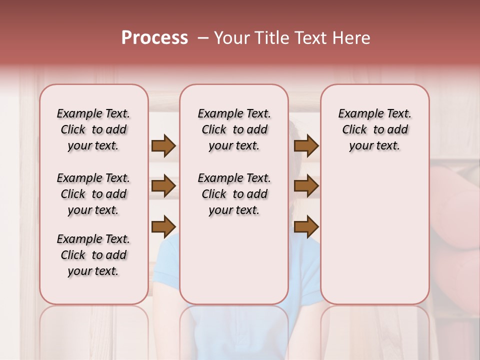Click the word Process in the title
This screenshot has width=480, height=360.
pos(154,38)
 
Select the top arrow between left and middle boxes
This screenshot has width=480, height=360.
pos(163,145)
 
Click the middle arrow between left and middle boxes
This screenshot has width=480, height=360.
pos(163,186)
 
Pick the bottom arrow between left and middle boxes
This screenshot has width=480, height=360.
pos(163,226)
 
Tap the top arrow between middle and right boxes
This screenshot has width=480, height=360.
pos(306,145)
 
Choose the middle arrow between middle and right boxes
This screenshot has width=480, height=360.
pos(306,186)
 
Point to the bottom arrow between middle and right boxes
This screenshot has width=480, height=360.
pos(306,226)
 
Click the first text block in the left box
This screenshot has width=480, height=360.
pos(93,129)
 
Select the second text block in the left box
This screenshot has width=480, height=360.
pos(93,194)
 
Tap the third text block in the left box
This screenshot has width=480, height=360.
pos(93,255)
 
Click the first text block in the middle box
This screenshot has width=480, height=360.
pos(234,129)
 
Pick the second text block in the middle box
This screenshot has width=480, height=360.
pos(234,194)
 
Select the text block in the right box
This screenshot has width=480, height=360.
pos(375,129)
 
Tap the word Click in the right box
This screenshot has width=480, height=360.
pos(354,130)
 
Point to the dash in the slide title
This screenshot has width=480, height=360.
pos(203,38)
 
